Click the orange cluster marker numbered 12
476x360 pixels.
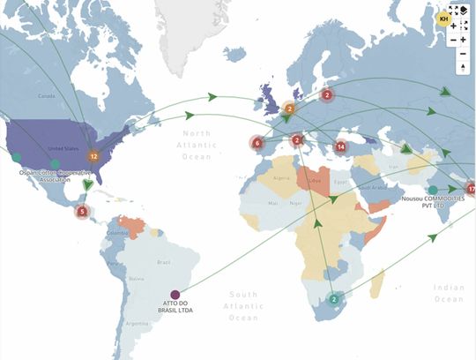(93, 155)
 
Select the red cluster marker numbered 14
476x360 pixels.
(341, 146)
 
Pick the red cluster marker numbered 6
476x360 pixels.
(257, 142)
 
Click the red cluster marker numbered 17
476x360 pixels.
(471, 189)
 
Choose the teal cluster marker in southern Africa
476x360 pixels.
(333, 299)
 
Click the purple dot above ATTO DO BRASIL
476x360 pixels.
(175, 295)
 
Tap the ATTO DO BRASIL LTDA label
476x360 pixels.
(176, 310)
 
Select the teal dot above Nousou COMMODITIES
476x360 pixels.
(433, 190)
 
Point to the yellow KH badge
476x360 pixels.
(444, 18)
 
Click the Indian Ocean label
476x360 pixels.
(450, 293)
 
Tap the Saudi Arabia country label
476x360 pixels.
(373, 188)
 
